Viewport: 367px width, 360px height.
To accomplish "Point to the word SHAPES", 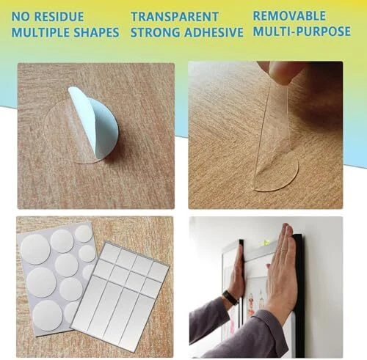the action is pos(96,32).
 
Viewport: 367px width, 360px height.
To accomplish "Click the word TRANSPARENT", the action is pos(175,17).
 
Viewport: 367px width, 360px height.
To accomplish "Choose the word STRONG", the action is pos(156,32).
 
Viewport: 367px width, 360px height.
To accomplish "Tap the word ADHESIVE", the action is pos(214,32).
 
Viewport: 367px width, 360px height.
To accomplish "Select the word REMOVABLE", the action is pos(289,16).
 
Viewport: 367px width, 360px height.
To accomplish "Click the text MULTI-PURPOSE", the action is pos(302,32).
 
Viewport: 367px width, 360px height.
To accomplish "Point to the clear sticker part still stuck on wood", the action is pos(277,174).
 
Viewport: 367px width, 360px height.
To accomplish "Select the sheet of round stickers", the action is pos(55,279).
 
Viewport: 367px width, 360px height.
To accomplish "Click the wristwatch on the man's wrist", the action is pos(230,298).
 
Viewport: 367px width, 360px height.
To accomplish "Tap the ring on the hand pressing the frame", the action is pos(283,251).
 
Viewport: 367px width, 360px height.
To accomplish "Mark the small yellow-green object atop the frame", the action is pos(266,242).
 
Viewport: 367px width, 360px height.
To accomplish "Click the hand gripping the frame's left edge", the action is pos(236,273).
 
